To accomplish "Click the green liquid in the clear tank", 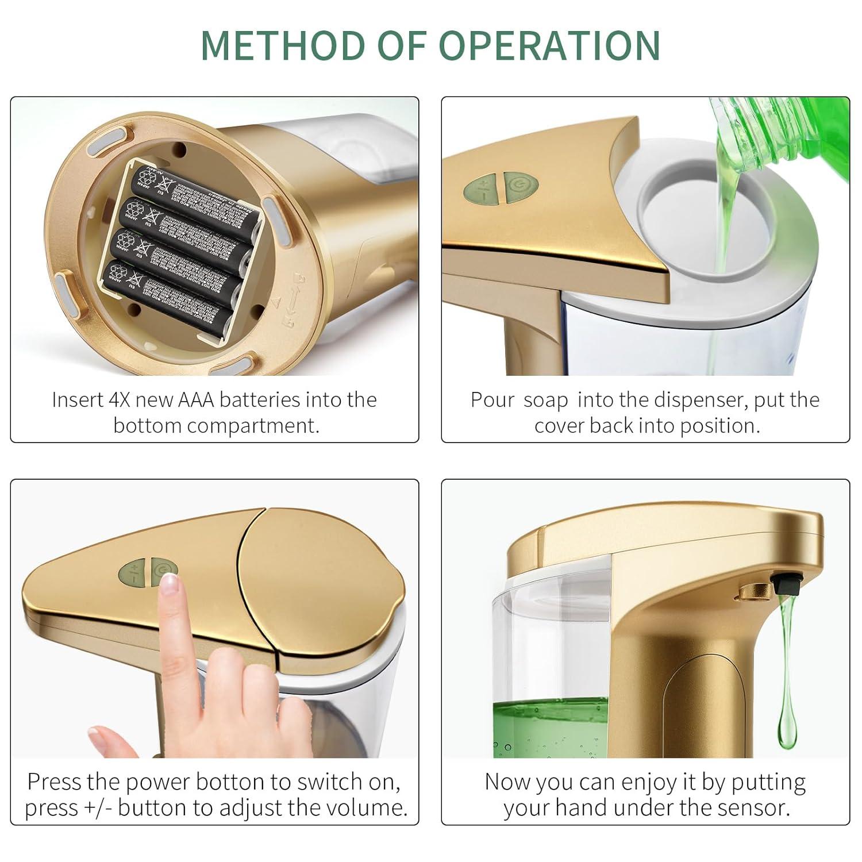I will point(549,727).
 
